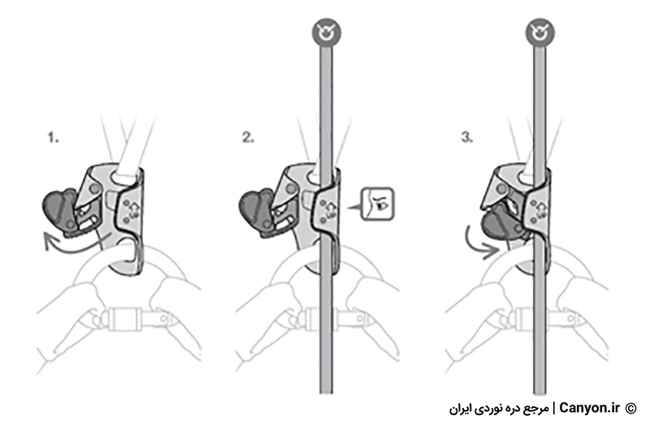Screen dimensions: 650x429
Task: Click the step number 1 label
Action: tap(53, 137)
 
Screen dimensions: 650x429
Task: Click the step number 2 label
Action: tap(249, 137)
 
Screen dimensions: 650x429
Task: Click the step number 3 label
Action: tap(467, 137)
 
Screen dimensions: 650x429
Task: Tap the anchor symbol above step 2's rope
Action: tap(327, 32)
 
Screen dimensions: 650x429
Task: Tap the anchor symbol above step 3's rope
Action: tap(539, 32)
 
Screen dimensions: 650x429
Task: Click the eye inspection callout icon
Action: tap(377, 204)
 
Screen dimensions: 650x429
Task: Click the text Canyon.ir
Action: tap(589, 408)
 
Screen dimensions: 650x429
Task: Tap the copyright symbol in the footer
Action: tap(630, 408)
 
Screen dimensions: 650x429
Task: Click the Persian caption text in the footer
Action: tap(499, 409)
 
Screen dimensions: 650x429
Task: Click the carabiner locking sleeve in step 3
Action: tap(531, 318)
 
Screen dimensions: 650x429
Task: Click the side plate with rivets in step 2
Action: tap(327, 210)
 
